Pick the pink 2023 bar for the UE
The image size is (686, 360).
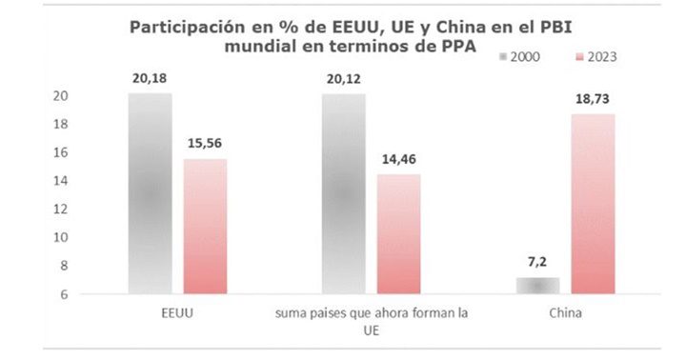point(398,233)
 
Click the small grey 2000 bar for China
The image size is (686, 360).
point(538,285)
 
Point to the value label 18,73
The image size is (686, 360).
point(593,97)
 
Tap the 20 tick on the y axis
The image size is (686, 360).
point(60,96)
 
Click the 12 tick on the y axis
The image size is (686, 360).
point(60,209)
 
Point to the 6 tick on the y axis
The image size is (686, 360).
point(63,293)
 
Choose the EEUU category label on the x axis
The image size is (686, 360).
point(177,311)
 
